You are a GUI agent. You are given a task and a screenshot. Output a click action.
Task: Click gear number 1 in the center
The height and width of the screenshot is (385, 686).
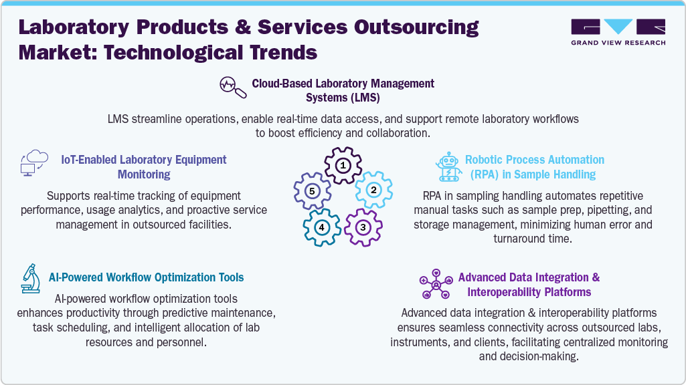click(x=343, y=165)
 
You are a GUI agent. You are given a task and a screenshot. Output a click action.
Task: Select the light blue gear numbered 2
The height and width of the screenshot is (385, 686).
click(x=373, y=189)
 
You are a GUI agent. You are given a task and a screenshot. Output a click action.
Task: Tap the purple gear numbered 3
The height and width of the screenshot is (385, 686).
click(x=362, y=227)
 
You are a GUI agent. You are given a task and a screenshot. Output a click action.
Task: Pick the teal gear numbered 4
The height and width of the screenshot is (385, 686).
click(x=322, y=227)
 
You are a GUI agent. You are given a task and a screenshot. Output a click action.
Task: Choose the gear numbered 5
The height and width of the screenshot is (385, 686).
click(x=311, y=190)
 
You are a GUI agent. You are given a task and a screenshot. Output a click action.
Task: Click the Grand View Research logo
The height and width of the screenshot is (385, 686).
click(x=618, y=32)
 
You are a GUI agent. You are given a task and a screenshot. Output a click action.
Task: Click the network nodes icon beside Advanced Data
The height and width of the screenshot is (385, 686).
click(x=436, y=284)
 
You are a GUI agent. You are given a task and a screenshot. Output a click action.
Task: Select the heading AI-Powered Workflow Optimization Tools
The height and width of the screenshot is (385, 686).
click(x=147, y=277)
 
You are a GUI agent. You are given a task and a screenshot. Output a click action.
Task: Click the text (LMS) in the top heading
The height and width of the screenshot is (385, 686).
click(x=362, y=98)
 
